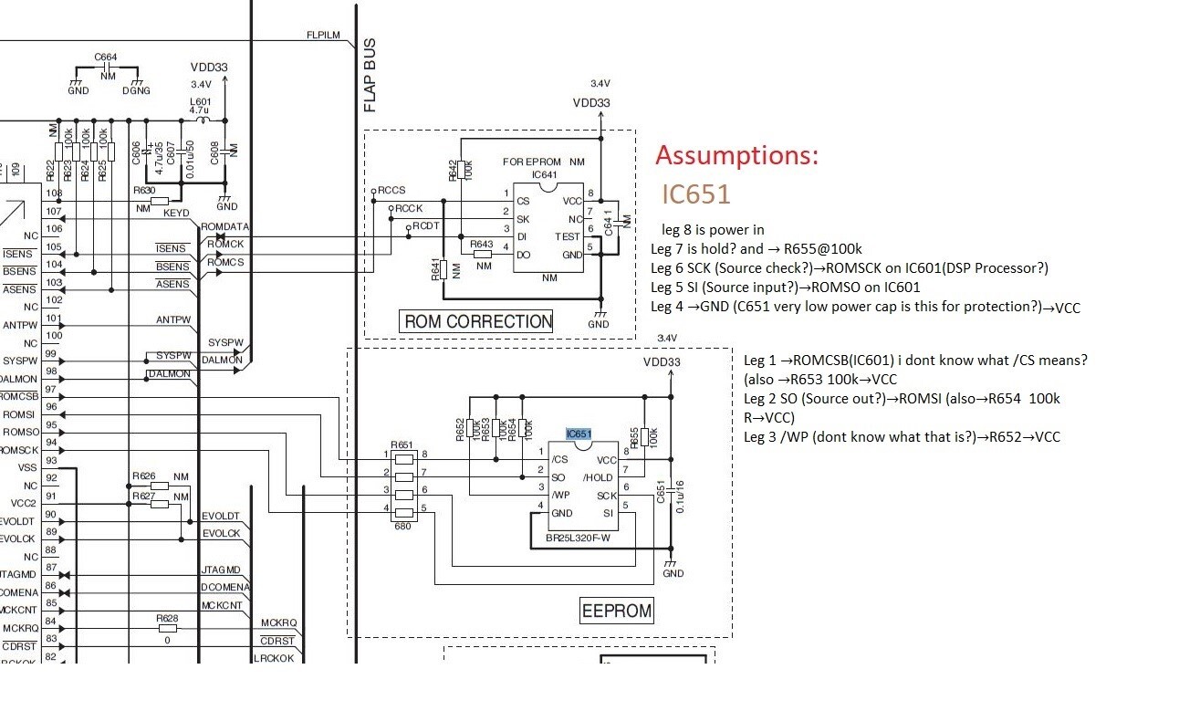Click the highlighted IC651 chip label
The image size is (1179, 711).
click(x=579, y=434)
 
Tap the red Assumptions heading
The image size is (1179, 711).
click(x=736, y=155)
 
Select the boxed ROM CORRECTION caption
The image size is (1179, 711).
click(x=477, y=321)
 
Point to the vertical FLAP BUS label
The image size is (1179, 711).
click(x=370, y=76)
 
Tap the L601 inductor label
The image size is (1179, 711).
click(x=200, y=101)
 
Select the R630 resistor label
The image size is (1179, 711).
click(x=144, y=191)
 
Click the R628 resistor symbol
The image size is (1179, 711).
click(x=167, y=628)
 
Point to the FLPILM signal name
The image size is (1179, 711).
click(x=323, y=35)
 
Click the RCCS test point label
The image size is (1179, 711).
click(x=392, y=191)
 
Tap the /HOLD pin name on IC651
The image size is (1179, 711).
click(x=599, y=477)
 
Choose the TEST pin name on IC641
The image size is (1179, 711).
click(x=568, y=236)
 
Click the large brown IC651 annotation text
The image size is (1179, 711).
click(x=695, y=194)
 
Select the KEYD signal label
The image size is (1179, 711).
click(x=175, y=213)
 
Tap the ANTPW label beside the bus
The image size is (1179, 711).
click(x=173, y=320)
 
